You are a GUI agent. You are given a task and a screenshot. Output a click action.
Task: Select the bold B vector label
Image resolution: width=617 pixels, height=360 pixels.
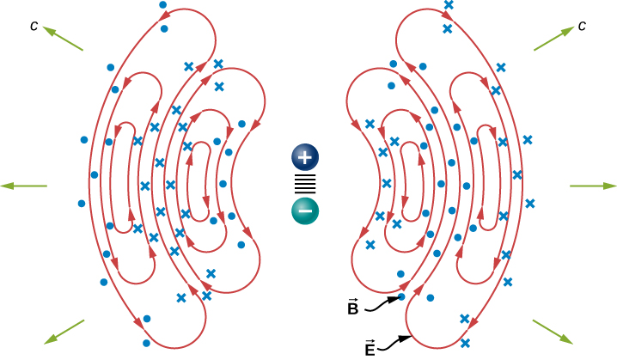click(352, 307)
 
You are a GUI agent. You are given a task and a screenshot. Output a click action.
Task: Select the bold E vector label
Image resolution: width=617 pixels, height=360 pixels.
click(370, 348)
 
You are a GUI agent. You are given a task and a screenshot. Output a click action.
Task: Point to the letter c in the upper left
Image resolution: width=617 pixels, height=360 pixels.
click(34, 26)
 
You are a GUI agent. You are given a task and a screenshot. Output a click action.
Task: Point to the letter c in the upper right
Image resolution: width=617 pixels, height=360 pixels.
click(582, 26)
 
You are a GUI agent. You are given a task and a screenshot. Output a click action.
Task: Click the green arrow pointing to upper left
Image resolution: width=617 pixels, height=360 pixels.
click(64, 39)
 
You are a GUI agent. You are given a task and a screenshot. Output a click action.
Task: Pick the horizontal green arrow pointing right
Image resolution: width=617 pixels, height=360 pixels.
click(593, 186)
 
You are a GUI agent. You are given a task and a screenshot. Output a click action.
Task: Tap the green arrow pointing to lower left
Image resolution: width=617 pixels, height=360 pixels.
click(64, 333)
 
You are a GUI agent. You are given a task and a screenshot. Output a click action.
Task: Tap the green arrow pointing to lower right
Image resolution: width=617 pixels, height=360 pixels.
click(554, 333)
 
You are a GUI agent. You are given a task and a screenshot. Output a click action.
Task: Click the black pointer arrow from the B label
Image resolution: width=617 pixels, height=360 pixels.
click(383, 302)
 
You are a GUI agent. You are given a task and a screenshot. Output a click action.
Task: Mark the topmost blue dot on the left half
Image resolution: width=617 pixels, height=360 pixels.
click(162, 5)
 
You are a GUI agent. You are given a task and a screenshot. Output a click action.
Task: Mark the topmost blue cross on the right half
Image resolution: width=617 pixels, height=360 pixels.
click(448, 5)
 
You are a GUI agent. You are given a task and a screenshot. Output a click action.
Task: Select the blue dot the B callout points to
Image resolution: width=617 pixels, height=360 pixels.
click(402, 297)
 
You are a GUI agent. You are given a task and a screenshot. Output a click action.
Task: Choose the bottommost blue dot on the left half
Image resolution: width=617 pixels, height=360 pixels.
click(147, 319)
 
